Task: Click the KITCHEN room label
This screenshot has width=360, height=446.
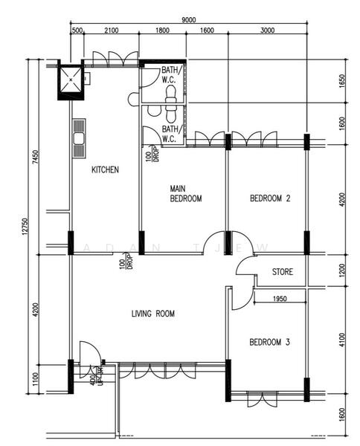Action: (105, 169)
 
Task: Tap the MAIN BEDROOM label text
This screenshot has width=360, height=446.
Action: (185, 193)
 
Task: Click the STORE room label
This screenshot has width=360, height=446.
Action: (282, 272)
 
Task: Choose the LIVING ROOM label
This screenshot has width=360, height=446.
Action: (152, 314)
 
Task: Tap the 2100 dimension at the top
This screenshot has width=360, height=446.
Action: (112, 31)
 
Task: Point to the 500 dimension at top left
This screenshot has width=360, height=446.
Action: (77, 31)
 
